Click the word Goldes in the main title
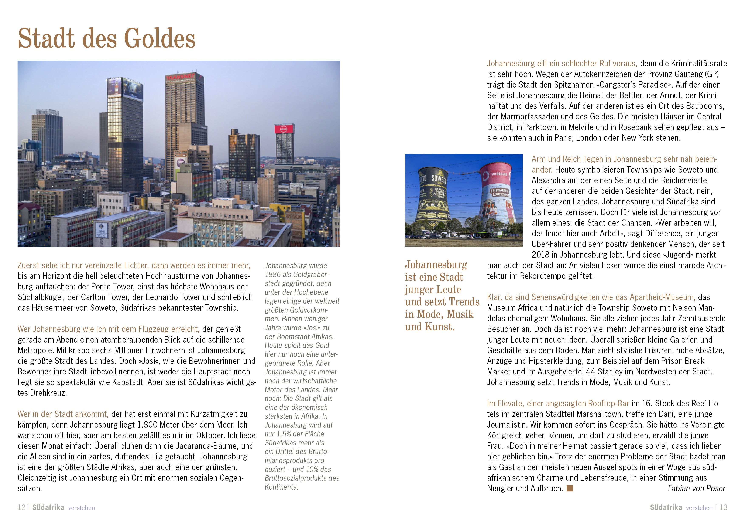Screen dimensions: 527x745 point(160,38)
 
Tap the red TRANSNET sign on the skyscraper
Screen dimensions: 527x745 point(180,77)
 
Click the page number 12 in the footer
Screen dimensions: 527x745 point(21,507)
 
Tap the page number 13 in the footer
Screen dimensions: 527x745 point(724,507)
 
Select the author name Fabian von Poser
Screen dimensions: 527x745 point(696,488)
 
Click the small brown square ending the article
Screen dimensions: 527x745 point(570,488)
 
